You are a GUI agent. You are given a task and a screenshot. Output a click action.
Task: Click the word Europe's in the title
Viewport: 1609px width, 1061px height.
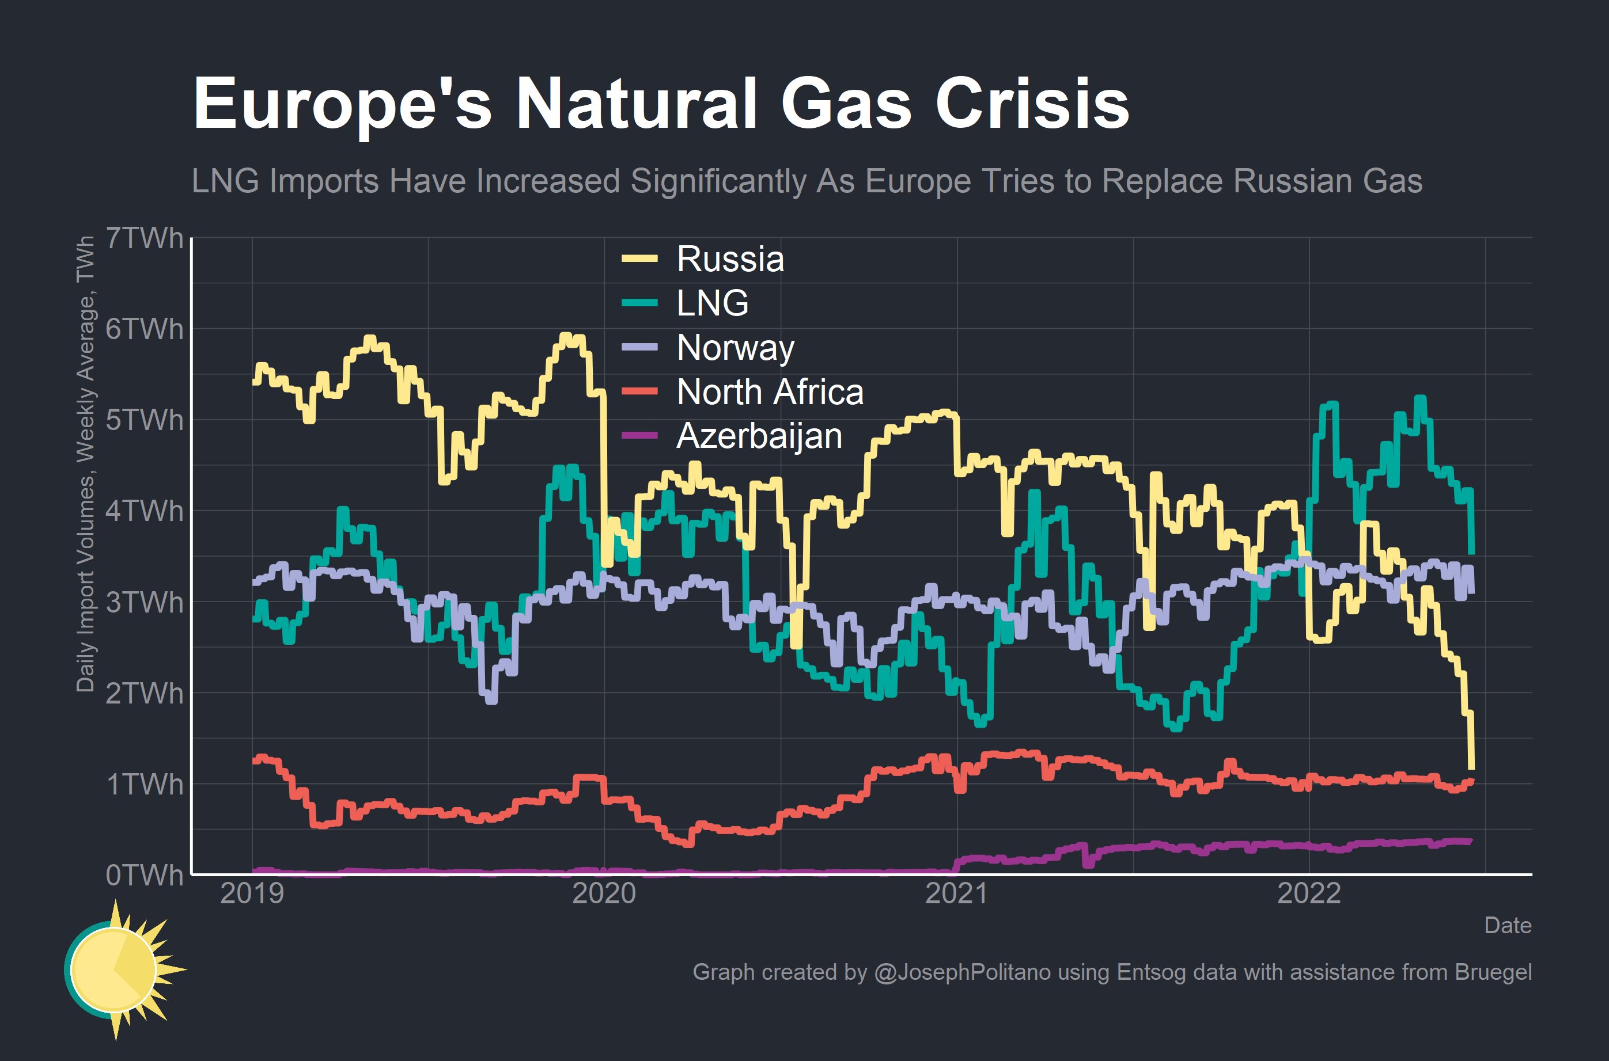342,103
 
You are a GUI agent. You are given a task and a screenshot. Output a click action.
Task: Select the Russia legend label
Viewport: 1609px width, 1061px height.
730,259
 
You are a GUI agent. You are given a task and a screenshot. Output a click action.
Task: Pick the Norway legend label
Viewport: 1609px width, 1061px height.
735,347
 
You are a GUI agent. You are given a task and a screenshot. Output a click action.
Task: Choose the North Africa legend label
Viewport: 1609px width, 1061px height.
770,392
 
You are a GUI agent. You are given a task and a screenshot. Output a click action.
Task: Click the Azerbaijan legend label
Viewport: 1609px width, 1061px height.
759,436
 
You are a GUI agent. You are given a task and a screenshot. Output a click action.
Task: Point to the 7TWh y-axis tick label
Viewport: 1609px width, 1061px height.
144,238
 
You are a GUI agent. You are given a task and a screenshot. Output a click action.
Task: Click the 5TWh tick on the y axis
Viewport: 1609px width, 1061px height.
144,420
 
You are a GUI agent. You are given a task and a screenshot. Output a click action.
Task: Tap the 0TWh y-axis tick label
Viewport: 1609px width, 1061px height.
144,875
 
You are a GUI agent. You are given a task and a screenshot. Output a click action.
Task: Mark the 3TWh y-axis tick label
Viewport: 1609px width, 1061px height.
144,602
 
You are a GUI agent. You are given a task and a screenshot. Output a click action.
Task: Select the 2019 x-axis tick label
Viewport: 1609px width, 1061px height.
252,893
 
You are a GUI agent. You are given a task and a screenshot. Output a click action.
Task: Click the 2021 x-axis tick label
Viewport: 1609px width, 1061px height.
956,893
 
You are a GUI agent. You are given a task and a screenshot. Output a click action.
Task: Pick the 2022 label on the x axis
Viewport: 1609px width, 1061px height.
1308,893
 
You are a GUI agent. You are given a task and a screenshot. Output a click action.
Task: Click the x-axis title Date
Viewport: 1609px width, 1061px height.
1508,925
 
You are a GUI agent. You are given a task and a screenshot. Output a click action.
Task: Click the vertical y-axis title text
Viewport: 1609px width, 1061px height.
85,464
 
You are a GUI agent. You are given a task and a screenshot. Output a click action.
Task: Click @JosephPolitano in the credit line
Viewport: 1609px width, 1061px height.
962,972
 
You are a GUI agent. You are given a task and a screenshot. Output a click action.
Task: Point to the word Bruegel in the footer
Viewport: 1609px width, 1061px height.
1493,972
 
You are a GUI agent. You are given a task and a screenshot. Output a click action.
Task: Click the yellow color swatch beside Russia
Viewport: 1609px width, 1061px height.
639,258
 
